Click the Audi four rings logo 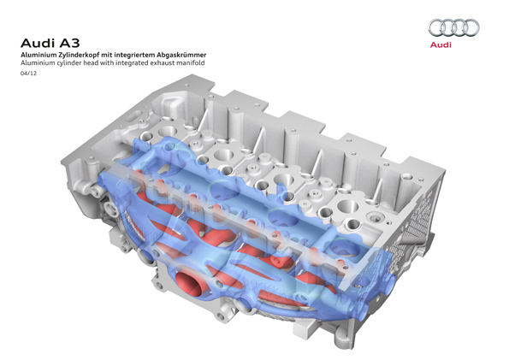tap(453, 28)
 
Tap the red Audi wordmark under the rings tap(441, 44)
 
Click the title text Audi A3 tap(50, 43)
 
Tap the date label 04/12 tap(28, 74)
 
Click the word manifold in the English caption tap(190, 63)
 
